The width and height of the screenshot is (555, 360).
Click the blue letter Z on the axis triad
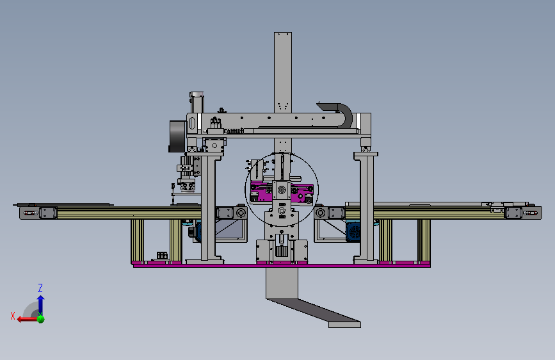40,288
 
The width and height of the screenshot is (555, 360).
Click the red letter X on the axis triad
13,316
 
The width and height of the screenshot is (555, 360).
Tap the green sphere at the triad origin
41,319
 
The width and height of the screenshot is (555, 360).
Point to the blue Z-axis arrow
41,304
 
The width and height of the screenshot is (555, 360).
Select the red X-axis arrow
28,319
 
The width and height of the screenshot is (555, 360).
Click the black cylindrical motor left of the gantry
177,136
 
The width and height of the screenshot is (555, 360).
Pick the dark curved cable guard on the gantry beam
337,113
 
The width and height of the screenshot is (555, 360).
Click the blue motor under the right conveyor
353,232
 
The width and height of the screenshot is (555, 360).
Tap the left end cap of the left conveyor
29,213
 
